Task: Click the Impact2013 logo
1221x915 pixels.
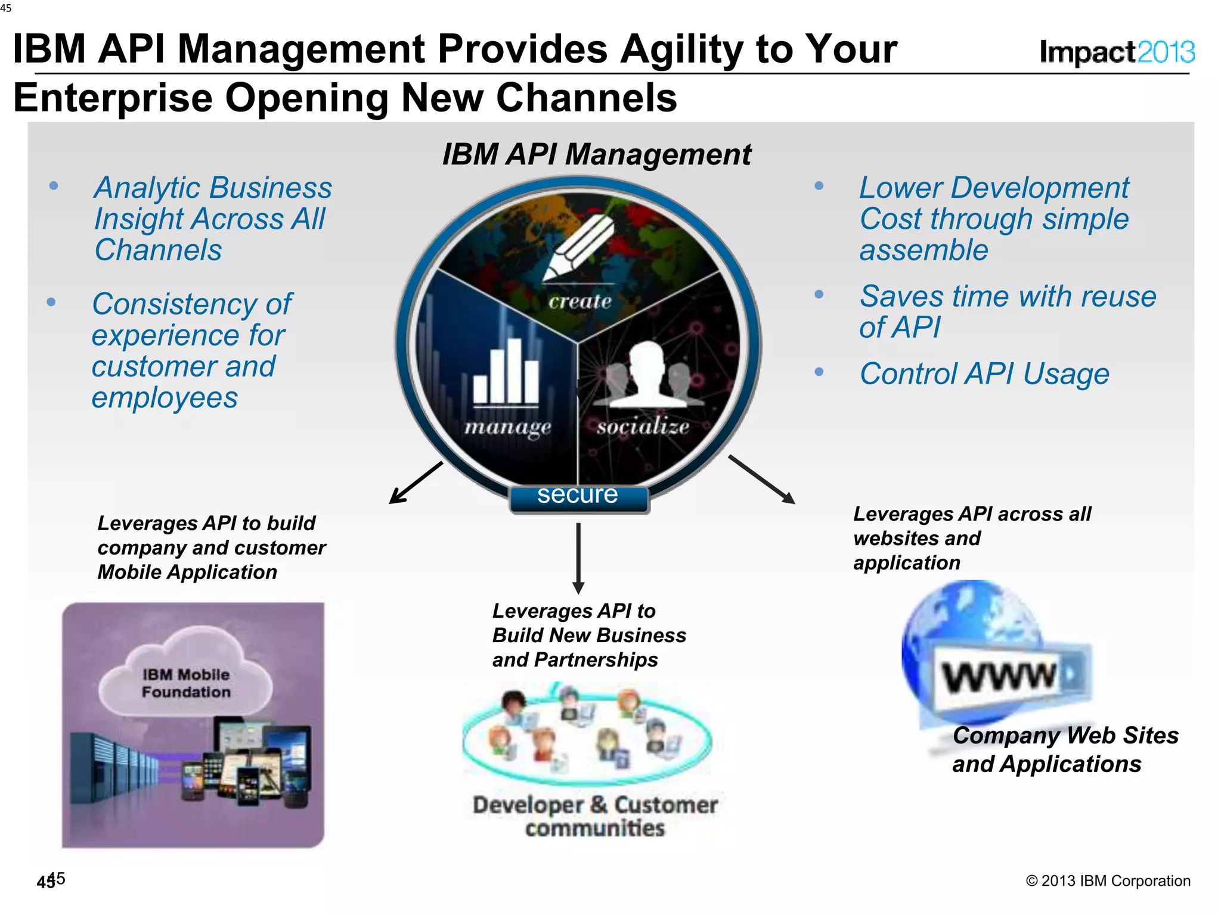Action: point(1116,52)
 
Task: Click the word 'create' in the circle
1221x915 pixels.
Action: point(579,301)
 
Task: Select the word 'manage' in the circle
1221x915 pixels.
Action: point(508,427)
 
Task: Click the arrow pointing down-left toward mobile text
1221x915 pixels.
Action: point(415,483)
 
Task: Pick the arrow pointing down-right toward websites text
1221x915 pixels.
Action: point(762,480)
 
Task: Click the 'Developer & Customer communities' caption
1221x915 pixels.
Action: point(595,816)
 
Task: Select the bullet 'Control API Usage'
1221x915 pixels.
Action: point(984,374)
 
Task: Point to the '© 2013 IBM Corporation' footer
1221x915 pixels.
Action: point(1108,881)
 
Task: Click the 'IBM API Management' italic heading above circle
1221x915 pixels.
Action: point(596,154)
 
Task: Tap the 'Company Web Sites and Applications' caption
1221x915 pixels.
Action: point(1065,749)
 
